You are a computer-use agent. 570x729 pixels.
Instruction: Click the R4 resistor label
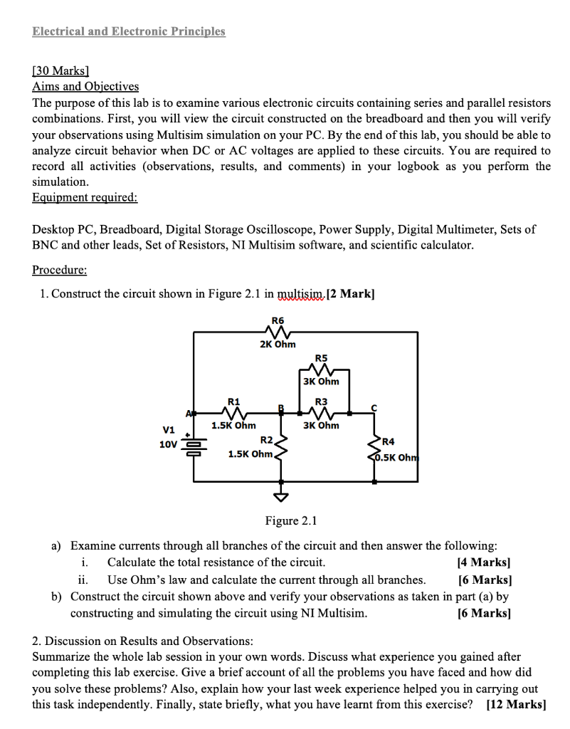pyautogui.click(x=389, y=441)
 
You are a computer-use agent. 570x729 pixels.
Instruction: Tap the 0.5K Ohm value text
pyautogui.click(x=398, y=457)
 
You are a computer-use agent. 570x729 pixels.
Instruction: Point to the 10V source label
pyautogui.click(x=168, y=444)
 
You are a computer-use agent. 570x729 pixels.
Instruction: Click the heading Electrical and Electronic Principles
pyautogui.click(x=129, y=31)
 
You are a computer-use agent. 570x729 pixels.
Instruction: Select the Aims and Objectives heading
pyautogui.click(x=85, y=86)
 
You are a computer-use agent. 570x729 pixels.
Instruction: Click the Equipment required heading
pyautogui.click(x=85, y=197)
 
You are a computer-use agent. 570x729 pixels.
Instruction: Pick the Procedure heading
pyautogui.click(x=60, y=271)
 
